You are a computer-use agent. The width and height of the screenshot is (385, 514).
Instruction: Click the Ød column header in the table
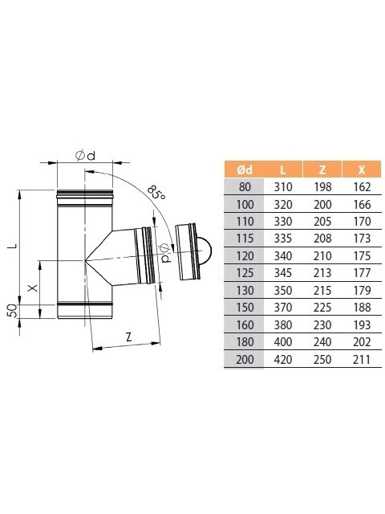[x=245, y=169]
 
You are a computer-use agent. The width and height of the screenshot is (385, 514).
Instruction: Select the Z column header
[x=322, y=169]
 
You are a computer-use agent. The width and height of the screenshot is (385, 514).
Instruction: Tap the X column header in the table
[x=362, y=169]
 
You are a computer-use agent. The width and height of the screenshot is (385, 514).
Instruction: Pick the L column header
[x=283, y=169]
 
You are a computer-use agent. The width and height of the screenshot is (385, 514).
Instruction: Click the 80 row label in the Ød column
[x=245, y=187]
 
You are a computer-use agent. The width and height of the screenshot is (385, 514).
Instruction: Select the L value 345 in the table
[x=283, y=273]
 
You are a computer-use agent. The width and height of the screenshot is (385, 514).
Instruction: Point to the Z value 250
[x=322, y=360]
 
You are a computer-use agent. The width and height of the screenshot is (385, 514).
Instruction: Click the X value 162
[x=362, y=187]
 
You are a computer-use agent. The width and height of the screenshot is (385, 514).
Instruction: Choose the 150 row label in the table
[x=245, y=308]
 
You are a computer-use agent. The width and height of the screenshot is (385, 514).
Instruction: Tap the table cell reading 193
[x=362, y=324]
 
